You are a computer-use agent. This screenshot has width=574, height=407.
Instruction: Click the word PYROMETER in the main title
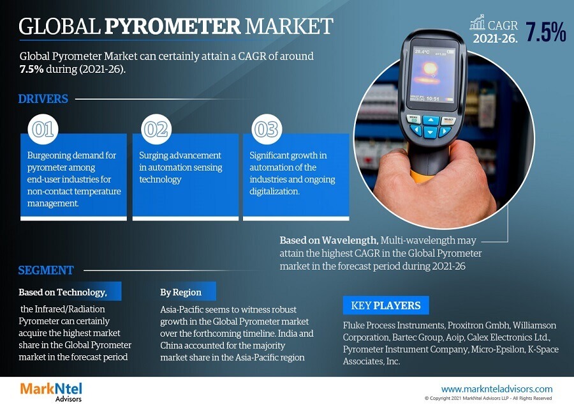coord(172,26)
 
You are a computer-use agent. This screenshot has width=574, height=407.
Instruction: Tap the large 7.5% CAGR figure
coord(545,32)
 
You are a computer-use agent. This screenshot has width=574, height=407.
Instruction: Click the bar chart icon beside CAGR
coord(477,22)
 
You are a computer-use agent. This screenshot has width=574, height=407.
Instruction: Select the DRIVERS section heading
coord(43,98)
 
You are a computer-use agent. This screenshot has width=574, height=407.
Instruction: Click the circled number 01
coord(43,129)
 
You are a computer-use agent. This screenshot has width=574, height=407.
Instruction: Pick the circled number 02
coord(156,129)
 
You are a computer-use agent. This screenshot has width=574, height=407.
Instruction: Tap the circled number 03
coord(267,129)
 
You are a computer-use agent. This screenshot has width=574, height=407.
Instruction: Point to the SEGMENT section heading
coord(46,270)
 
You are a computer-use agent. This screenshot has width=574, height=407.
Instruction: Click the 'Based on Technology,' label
coord(63,292)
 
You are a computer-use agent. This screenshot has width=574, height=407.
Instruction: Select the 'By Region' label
coord(181,292)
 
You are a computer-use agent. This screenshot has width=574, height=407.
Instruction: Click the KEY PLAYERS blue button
coord(386,305)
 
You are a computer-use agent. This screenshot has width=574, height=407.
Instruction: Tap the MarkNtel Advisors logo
coord(51,392)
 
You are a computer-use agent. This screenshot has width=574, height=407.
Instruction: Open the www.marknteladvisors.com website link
coord(497,389)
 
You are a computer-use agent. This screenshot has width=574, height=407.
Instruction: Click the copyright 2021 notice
coord(488,398)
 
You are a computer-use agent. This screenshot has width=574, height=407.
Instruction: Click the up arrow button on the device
coord(431,120)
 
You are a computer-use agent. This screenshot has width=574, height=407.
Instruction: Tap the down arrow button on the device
coord(430,132)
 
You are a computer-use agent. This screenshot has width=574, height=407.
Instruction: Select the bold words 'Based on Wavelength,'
coord(328,240)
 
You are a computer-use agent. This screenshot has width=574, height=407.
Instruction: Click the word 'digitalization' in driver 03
coord(274,192)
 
